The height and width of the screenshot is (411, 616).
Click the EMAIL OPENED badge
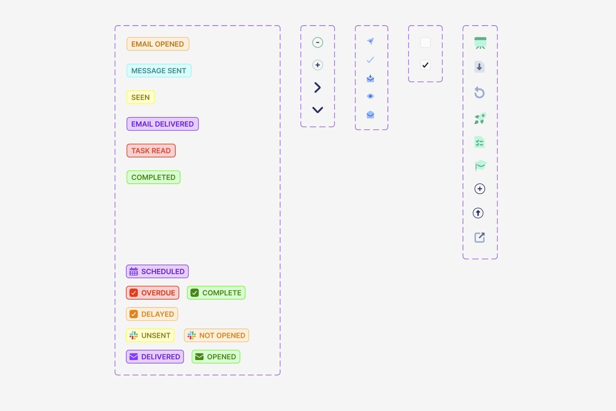[157, 44]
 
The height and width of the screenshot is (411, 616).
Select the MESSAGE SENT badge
[159, 71]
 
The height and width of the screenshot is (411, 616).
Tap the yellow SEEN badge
[140, 97]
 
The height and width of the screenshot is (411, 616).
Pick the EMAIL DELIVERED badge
[163, 124]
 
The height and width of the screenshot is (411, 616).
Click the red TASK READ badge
[151, 151]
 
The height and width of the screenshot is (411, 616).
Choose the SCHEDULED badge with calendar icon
[157, 271]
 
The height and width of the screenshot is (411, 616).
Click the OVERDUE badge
[153, 293]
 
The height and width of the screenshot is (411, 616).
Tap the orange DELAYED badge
[152, 314]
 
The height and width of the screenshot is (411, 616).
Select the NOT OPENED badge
[216, 335]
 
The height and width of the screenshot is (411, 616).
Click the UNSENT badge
[150, 335]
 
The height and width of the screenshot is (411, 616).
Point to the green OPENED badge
[216, 357]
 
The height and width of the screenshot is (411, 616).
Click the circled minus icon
[317, 42]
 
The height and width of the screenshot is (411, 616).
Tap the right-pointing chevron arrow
[317, 87]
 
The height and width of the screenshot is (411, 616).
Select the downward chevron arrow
[317, 110]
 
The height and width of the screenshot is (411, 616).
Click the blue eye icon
[370, 96]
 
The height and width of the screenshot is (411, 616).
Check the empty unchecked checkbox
[425, 42]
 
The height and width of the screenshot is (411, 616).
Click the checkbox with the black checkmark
[425, 65]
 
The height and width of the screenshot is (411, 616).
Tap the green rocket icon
[480, 118]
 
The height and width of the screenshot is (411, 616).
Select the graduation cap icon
[481, 165]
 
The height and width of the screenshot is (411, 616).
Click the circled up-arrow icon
[478, 213]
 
